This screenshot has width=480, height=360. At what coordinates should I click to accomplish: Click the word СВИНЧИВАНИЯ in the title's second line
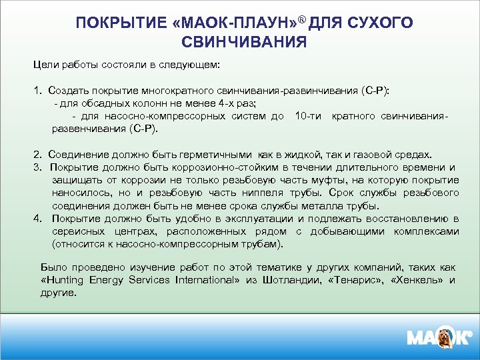[244, 43]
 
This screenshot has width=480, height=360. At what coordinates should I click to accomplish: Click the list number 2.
[37, 153]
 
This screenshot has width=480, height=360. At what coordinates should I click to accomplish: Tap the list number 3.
[37, 167]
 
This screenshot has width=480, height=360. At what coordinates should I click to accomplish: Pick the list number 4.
[37, 219]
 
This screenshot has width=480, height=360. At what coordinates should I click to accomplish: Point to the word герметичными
[213, 153]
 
